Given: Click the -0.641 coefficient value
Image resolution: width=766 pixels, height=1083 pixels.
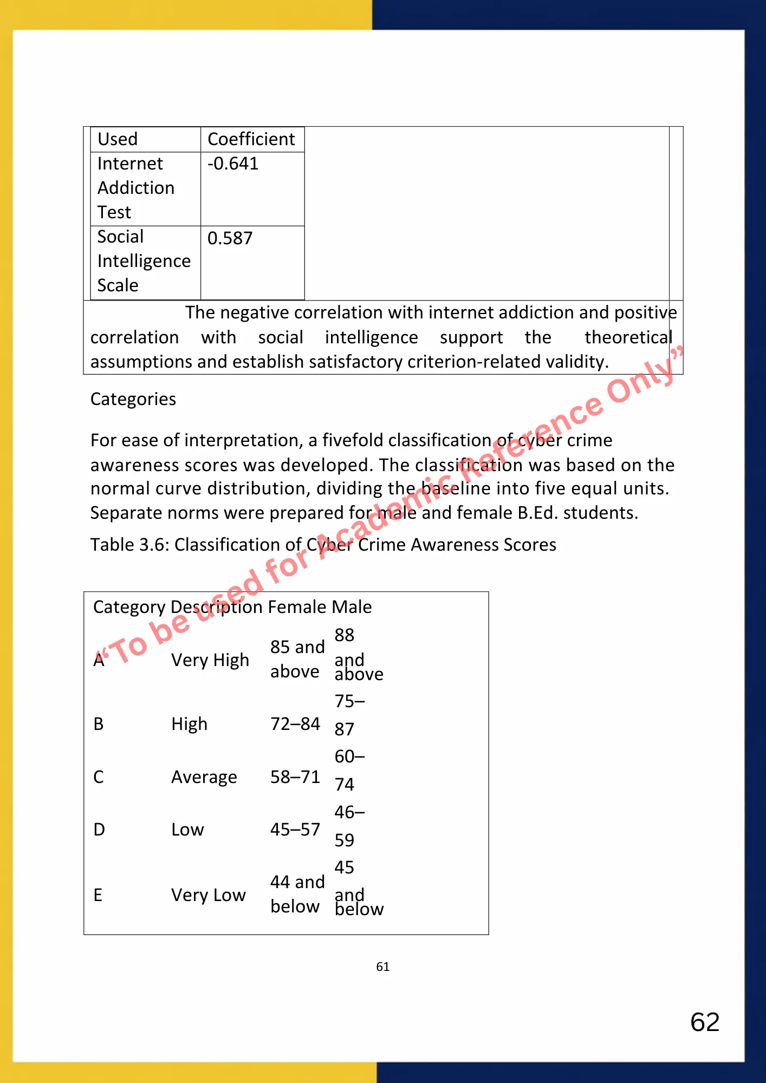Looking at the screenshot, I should tap(233, 164).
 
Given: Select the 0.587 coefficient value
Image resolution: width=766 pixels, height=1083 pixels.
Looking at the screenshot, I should tap(230, 238).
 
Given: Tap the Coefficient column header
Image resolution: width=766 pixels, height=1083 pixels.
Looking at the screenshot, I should tap(251, 139).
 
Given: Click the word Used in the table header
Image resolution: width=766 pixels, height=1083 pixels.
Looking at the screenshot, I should tap(118, 139).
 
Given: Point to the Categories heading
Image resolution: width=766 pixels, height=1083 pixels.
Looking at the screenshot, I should tap(133, 399).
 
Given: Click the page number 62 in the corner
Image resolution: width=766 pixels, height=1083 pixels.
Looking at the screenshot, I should tap(705, 1022).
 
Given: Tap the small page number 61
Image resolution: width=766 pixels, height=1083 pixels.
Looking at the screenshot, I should tap(383, 967).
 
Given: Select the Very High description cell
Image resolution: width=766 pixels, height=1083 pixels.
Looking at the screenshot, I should tap(210, 660).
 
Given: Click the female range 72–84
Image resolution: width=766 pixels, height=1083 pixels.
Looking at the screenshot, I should tap(295, 724).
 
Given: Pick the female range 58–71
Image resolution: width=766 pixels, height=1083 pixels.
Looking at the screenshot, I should tap(295, 777).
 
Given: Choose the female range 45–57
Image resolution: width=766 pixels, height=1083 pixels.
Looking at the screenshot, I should tap(295, 830).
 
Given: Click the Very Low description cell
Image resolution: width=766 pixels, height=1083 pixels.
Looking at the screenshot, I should tap(209, 895).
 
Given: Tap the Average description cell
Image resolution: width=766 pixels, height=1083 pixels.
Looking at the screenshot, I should tap(204, 777).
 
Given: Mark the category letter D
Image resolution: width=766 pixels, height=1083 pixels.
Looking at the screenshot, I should tap(99, 830).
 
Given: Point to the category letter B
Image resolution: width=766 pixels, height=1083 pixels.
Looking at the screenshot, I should tap(99, 724).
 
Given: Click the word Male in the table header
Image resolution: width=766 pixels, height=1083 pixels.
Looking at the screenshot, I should tap(352, 607).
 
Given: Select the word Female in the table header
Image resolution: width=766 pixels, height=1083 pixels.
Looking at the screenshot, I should tap(297, 607).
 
